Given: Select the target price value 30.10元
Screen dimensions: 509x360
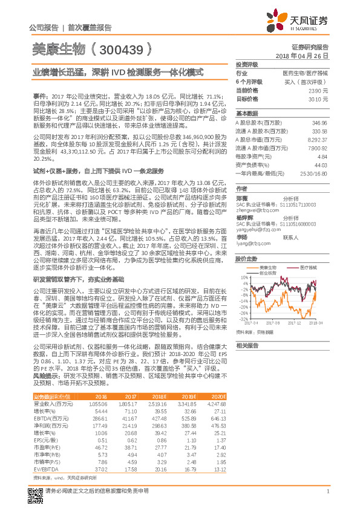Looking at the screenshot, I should pyautogui.click(x=318, y=99).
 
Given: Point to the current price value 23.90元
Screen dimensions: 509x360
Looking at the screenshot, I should pyautogui.click(x=318, y=90).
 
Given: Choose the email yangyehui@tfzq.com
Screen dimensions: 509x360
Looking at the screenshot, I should pyautogui.click(x=257, y=230).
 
